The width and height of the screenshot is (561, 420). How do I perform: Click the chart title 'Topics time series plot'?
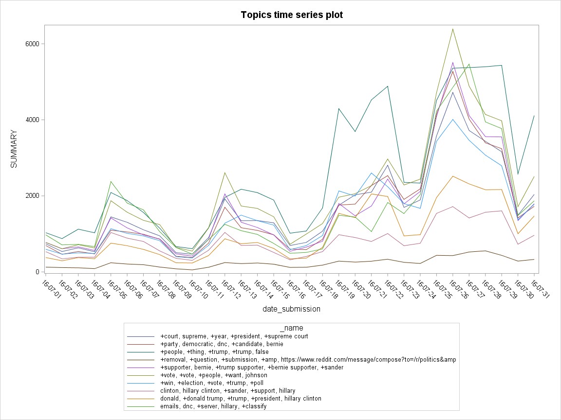pos(292,15)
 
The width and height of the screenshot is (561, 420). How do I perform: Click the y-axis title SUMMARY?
pos(14,149)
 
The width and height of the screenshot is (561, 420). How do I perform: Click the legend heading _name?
pos(292,328)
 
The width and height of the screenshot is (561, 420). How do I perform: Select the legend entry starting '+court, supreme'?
pos(234,336)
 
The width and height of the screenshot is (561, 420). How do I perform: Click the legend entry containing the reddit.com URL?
pos(308,360)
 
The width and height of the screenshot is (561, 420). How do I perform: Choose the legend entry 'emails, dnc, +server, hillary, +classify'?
pos(213,406)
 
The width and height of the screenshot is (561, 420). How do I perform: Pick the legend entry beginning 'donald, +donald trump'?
pos(241,399)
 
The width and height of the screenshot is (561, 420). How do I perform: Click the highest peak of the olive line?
pos(453,29)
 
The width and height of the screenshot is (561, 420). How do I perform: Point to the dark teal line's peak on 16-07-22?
pos(388,86)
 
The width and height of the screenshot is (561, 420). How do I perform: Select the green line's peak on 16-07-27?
pos(469,64)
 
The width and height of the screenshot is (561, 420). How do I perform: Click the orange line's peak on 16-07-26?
pos(453,176)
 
